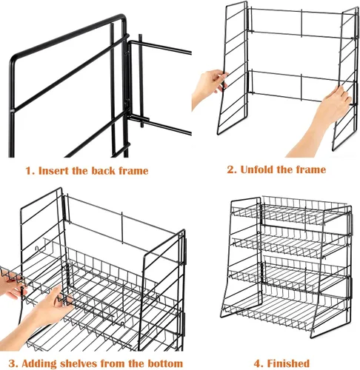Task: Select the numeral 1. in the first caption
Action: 30,171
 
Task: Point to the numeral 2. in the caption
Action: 232,170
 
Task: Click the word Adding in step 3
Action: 39,364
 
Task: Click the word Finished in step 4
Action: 288,363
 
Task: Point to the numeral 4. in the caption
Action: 259,364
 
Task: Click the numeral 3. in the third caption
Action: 14,364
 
